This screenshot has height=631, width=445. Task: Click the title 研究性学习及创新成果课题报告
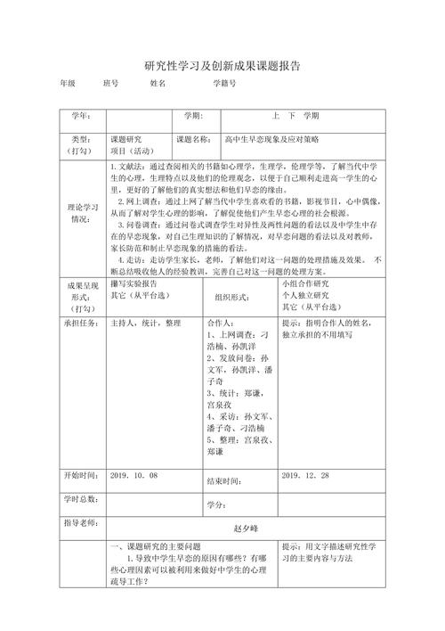[x=222, y=66]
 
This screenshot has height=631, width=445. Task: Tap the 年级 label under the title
[x=67, y=83]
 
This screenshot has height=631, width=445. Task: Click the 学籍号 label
[x=224, y=83]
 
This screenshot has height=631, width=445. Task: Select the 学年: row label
[x=80, y=116]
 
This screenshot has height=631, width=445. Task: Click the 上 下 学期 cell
[x=295, y=116]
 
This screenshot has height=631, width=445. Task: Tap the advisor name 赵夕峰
[x=244, y=528]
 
